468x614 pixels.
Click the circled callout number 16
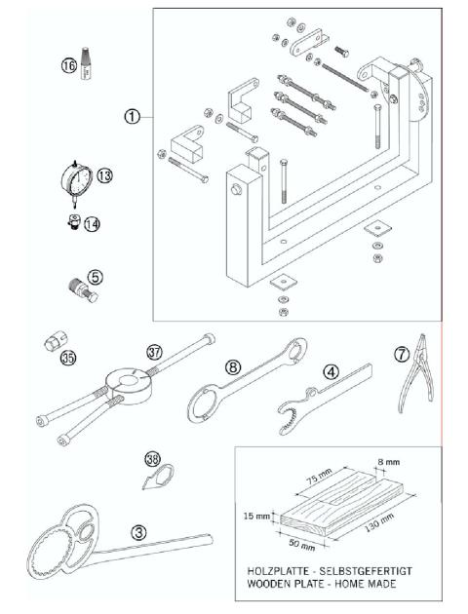pos(68,65)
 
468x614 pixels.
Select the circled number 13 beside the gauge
pos(104,175)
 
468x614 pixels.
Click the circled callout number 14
pos(92,223)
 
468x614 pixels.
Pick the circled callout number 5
pos(94,277)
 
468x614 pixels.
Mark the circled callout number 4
pos(331,371)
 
